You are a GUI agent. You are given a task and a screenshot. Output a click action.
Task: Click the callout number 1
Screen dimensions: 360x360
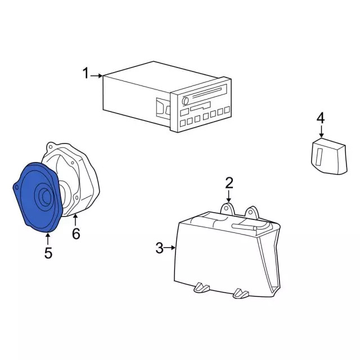(x=86, y=74)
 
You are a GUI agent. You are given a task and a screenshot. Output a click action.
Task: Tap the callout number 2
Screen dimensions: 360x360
(x=229, y=182)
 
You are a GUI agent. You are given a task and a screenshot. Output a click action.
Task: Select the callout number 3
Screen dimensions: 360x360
(x=159, y=247)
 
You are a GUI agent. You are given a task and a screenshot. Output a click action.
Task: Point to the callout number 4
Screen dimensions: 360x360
(x=321, y=118)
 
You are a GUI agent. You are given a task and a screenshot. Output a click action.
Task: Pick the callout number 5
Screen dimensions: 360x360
(x=48, y=253)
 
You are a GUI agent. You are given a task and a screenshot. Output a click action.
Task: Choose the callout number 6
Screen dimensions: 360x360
(x=76, y=233)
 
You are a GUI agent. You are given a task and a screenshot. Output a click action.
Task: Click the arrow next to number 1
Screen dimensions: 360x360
(x=97, y=75)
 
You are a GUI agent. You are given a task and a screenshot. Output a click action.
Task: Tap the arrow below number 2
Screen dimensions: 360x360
(x=229, y=196)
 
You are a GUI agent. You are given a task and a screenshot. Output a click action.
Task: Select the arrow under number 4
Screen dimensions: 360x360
(x=321, y=132)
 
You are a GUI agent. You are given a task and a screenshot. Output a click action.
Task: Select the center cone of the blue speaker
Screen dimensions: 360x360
(x=42, y=197)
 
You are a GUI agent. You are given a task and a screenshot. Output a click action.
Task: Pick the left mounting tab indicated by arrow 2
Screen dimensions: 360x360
(x=227, y=209)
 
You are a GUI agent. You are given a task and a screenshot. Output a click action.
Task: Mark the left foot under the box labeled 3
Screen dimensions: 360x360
(x=201, y=288)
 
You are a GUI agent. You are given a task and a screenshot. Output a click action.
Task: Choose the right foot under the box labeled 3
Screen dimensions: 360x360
(x=241, y=292)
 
